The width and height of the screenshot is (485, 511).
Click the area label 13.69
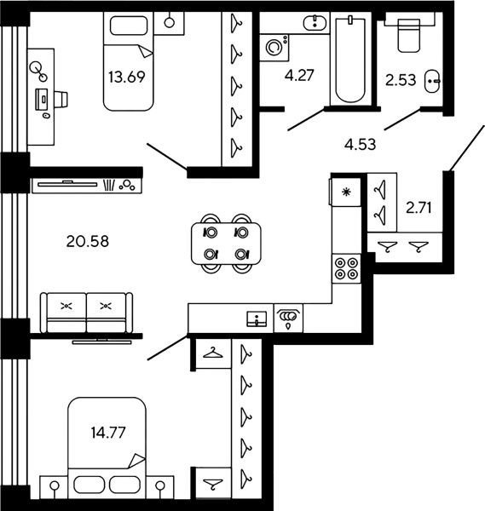(x=126, y=78)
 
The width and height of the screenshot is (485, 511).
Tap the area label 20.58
(x=88, y=242)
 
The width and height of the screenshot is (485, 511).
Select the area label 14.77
(x=108, y=433)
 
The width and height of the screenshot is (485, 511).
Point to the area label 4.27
(x=299, y=75)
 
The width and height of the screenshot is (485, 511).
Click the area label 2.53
(x=401, y=80)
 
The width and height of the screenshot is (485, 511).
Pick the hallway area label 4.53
(x=360, y=144)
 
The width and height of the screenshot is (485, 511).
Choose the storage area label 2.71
(x=419, y=208)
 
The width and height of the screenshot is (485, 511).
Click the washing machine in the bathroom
(x=274, y=48)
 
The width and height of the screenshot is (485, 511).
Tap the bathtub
(x=350, y=60)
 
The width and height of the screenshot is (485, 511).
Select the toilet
(x=408, y=35)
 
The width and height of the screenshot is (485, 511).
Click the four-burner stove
(x=346, y=268)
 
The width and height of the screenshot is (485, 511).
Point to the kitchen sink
(x=257, y=319)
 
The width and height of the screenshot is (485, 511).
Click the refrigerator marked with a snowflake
(x=346, y=192)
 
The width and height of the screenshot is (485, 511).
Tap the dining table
(x=226, y=243)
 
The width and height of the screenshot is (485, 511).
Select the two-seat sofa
(x=86, y=313)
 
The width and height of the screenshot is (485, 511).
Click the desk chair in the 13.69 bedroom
(x=61, y=99)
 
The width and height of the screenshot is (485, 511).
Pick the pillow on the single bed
(x=129, y=26)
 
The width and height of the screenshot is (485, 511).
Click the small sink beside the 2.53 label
(x=432, y=81)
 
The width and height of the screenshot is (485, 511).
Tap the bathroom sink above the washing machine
(x=315, y=23)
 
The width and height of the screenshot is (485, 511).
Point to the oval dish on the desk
(x=47, y=115)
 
